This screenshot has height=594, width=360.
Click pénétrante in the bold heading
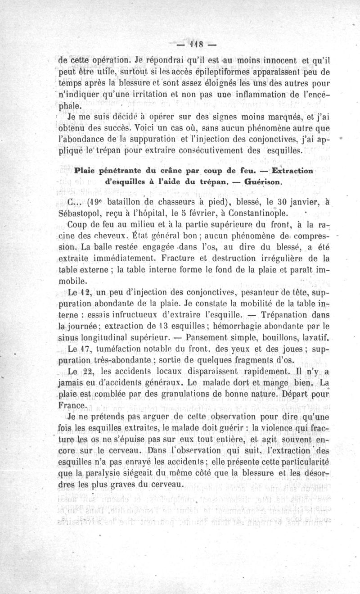113,171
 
